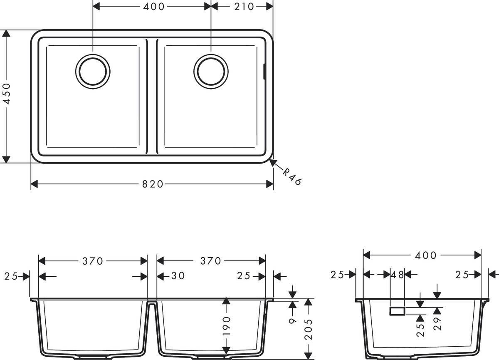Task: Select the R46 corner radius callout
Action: [x=291, y=176]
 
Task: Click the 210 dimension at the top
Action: [x=242, y=6]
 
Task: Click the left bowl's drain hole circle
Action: [x=93, y=71]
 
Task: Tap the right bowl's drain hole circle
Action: [x=211, y=71]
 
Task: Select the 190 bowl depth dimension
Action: [x=226, y=326]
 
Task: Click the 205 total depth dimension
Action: [x=308, y=329]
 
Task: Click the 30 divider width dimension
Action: [x=177, y=276]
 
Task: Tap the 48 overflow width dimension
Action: [x=398, y=274]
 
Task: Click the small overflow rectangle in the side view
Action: [x=397, y=311]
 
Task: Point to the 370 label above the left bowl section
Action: [x=92, y=261]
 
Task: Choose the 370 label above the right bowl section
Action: [x=210, y=261]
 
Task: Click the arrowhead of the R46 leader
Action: [x=272, y=162]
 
